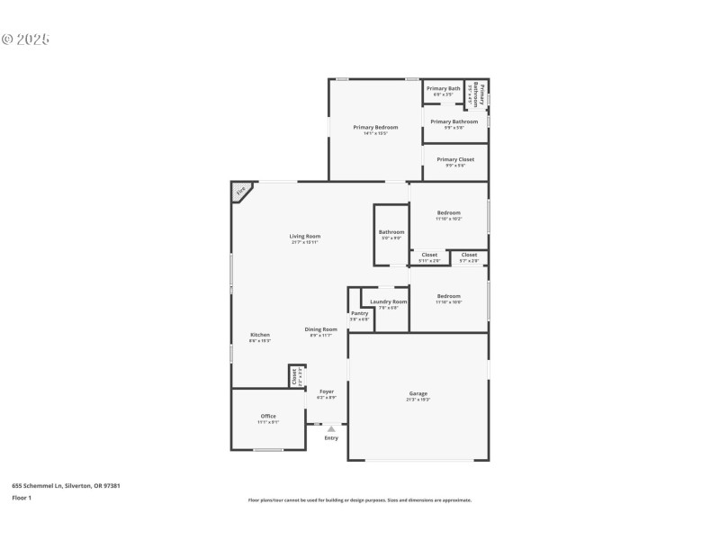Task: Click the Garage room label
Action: coord(418,393)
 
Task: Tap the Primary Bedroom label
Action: coord(375,128)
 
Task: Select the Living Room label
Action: coord(305,237)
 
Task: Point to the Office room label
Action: coord(268,416)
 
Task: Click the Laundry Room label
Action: coord(389,301)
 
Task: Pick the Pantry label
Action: coord(359,313)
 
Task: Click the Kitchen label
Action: coord(259,335)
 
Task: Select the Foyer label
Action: coord(326,391)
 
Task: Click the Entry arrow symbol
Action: coord(331,429)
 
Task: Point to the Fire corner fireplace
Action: coord(241,191)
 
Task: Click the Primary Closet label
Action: coord(455,159)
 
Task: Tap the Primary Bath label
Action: coord(443,88)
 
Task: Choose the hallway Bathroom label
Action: coord(391,232)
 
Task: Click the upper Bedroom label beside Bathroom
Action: coord(449,213)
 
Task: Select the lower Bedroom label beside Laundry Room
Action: coord(449,296)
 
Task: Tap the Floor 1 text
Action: coord(21,498)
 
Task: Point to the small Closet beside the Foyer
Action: coord(294,376)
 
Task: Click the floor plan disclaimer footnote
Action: coord(360,500)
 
